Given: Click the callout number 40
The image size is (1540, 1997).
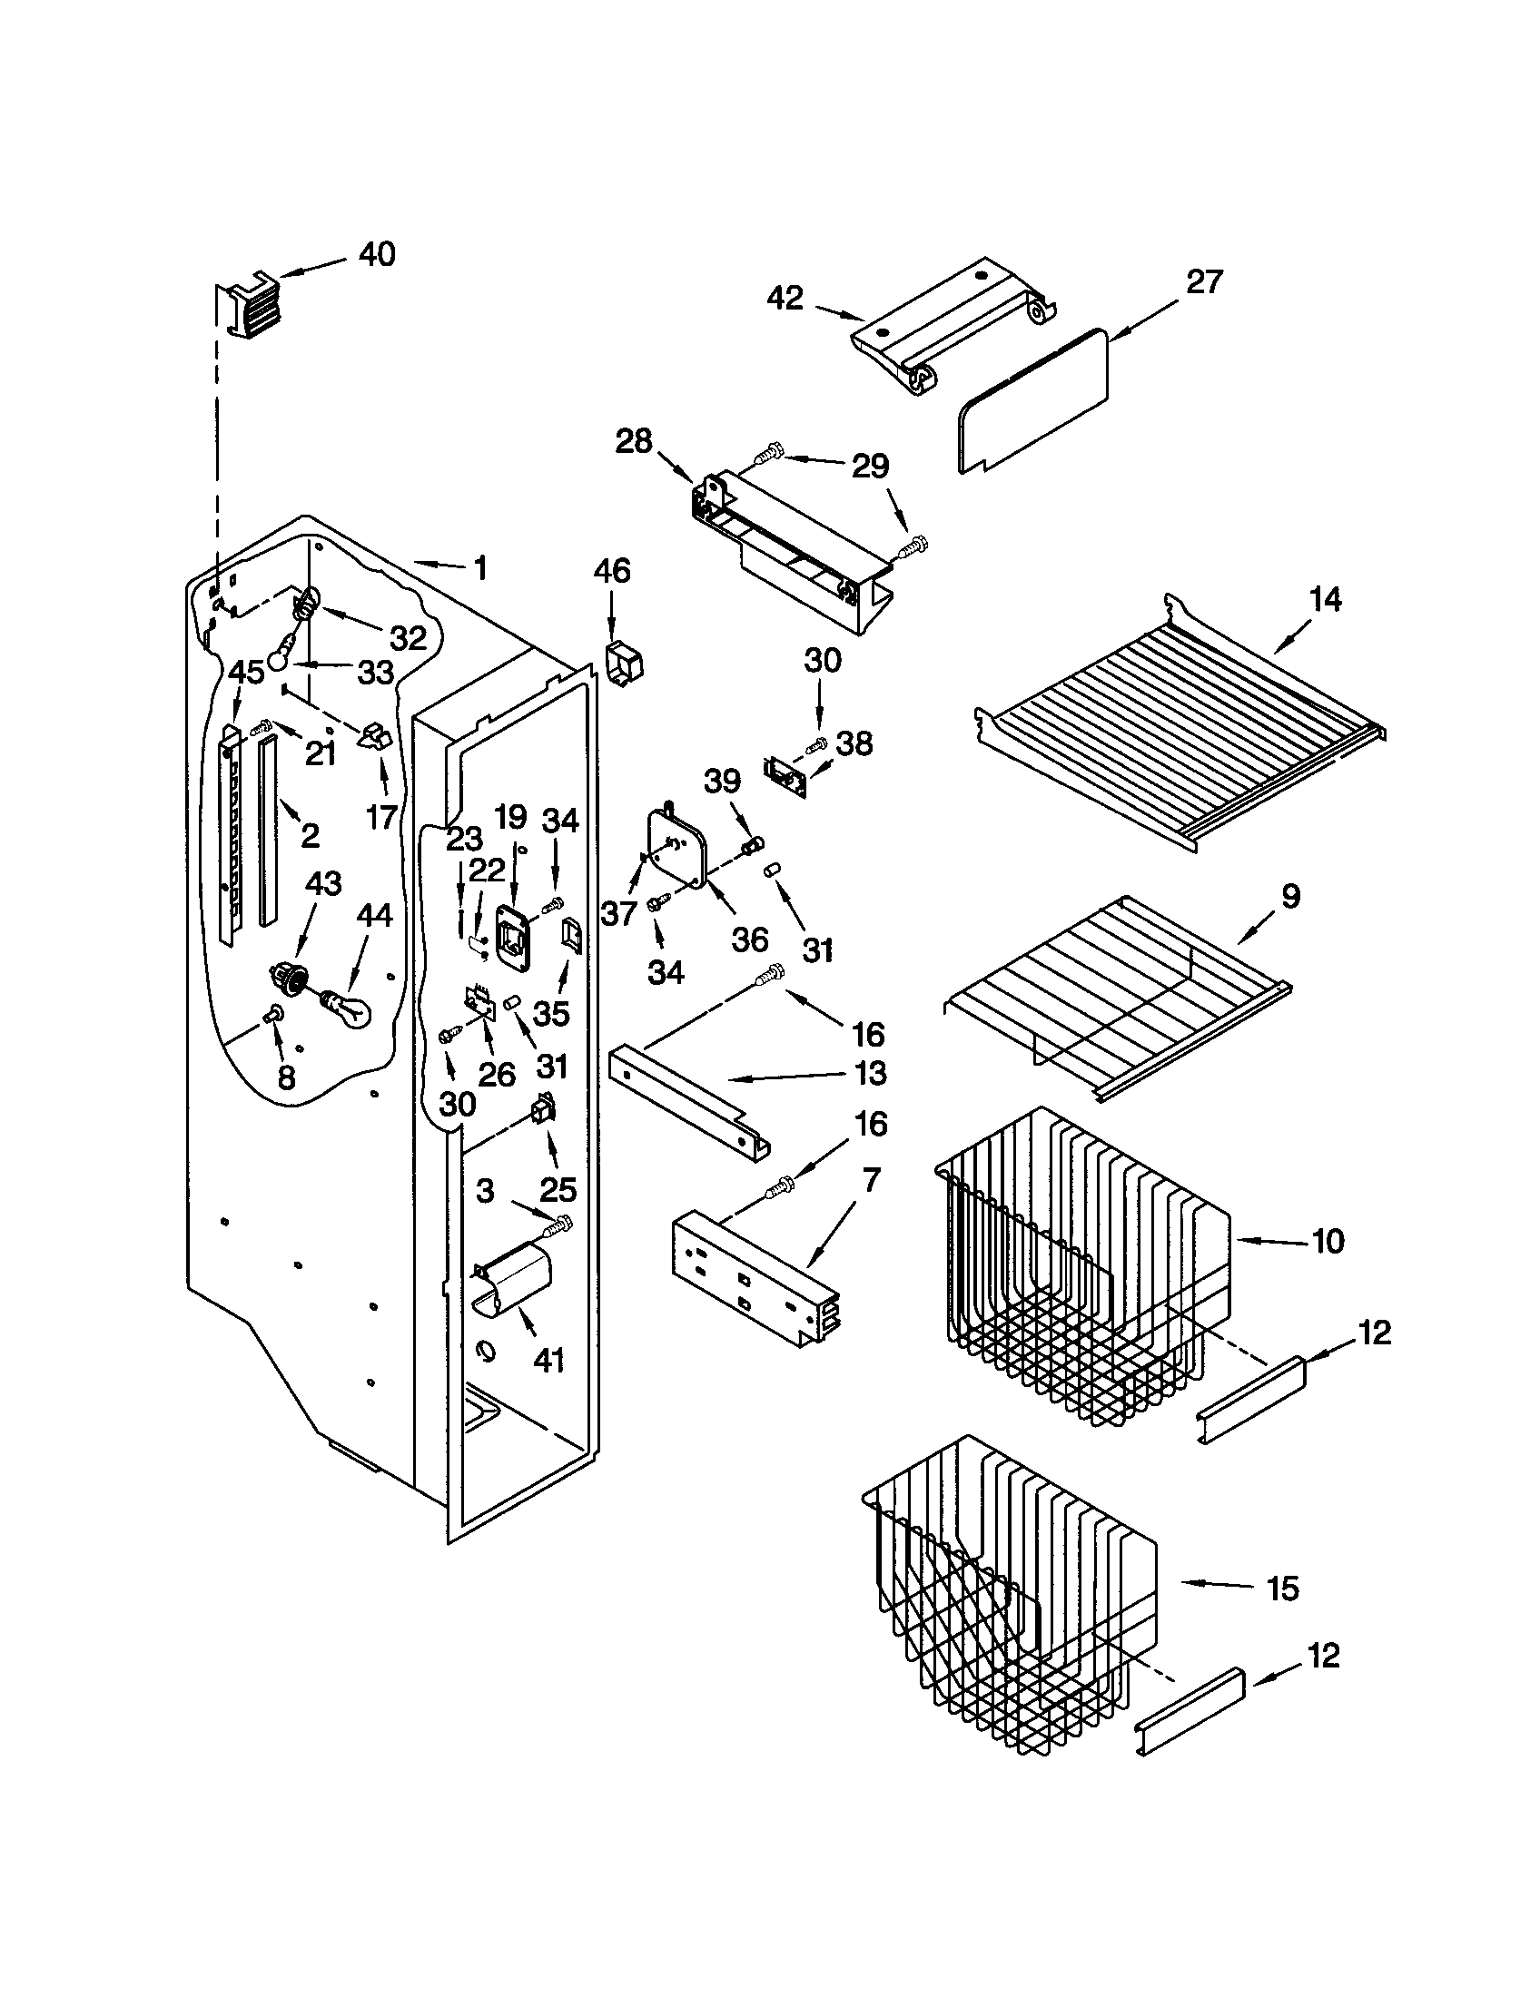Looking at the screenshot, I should pos(376,254).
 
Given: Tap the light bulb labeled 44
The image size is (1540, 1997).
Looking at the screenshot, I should pos(348,1009).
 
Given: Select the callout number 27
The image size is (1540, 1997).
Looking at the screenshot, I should pos(1203,281).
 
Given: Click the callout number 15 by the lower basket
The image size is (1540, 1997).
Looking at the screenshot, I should pos(1283,1589).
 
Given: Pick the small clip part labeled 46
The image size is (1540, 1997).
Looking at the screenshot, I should pos(625,663).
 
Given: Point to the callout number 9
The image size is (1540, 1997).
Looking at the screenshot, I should pos(1290,897).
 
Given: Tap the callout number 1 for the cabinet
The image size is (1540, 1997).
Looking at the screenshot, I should pos(479,569).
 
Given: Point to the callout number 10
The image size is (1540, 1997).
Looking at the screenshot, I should pos(1328,1241).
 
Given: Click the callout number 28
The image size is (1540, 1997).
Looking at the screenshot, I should pos(634,442).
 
